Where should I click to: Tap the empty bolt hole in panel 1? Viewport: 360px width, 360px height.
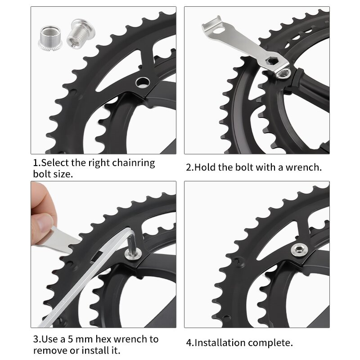(142, 82)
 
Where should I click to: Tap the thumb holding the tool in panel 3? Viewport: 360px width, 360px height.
(43, 222)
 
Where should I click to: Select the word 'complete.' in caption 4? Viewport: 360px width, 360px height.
(273, 343)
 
